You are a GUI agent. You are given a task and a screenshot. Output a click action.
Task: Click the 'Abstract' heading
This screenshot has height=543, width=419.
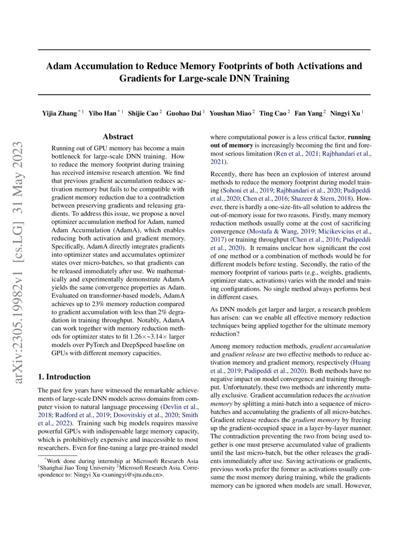coord(118,137)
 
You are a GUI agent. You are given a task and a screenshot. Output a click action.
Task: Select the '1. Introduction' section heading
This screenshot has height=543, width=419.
coord(64,377)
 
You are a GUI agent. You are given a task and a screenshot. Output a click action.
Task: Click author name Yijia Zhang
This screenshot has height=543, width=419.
coord(59,114)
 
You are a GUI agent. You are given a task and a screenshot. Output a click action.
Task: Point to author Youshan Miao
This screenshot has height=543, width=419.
coord(230,114)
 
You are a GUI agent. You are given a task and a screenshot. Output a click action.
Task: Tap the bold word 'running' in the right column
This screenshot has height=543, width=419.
coord(359,137)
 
